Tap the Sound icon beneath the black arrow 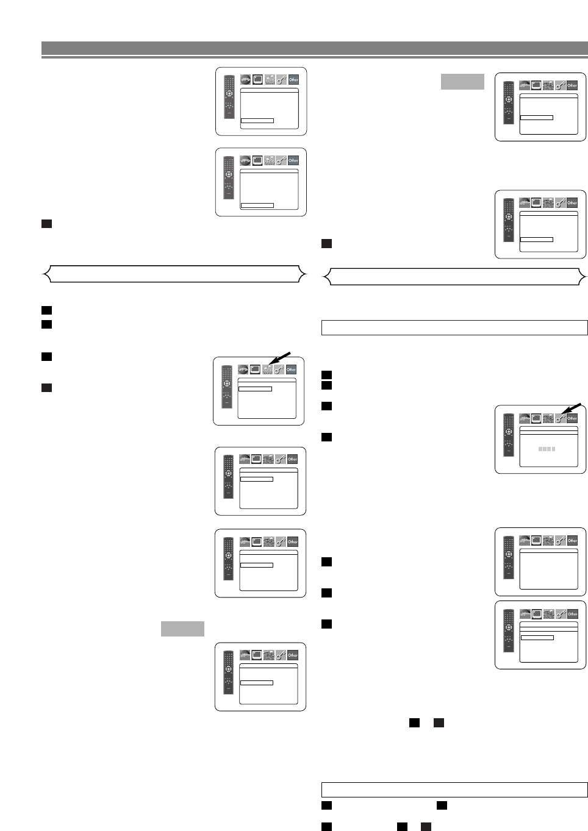click(x=267, y=369)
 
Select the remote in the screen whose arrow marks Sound click(x=226, y=387)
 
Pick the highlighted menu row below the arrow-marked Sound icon click(x=255, y=388)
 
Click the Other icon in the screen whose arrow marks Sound click(x=291, y=369)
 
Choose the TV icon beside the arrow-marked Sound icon click(x=255, y=369)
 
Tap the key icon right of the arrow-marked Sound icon click(x=279, y=369)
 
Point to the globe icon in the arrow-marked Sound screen click(x=243, y=369)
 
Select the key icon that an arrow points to click(x=560, y=418)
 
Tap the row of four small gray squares click(x=547, y=449)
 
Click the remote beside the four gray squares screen click(x=508, y=435)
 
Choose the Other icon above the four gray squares click(x=572, y=418)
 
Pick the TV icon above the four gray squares click(x=536, y=418)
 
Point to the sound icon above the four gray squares click(x=548, y=418)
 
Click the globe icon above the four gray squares click(x=525, y=418)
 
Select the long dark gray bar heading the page click(x=315, y=48)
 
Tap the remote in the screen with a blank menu click(x=508, y=557)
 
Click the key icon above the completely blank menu click(x=560, y=540)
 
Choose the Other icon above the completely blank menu click(x=572, y=540)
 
